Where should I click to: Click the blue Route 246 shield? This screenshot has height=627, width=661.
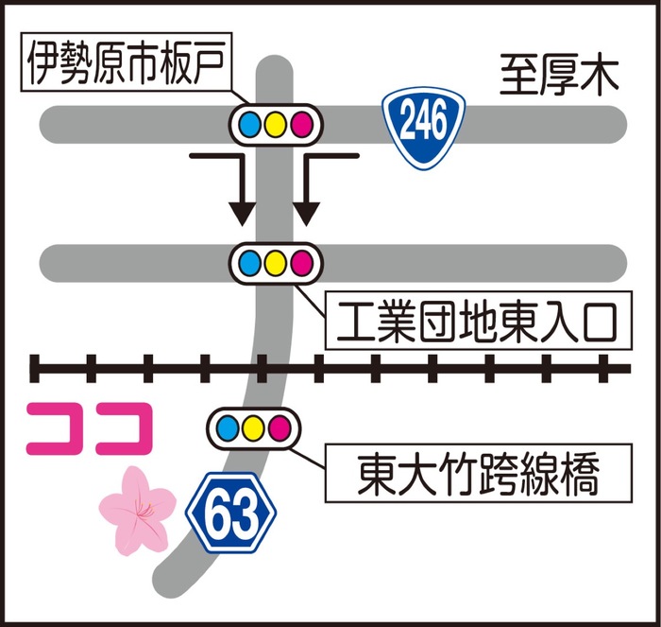click(423, 128)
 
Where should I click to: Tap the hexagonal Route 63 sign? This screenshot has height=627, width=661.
click(231, 513)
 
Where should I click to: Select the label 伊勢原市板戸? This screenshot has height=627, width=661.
click(127, 62)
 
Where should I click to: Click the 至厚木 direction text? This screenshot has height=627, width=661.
click(559, 76)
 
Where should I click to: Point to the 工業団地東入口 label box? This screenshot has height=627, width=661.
click(479, 320)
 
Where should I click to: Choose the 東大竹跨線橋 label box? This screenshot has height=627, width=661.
click(479, 473)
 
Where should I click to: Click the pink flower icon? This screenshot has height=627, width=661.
click(138, 511)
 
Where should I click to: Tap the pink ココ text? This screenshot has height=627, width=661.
click(89, 428)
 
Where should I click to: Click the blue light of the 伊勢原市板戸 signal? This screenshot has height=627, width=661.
click(249, 125)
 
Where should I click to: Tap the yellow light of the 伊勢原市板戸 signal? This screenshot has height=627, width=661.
click(276, 125)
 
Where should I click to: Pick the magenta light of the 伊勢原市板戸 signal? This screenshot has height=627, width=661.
click(302, 125)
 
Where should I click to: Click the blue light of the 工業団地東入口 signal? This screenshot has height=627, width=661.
click(249, 263)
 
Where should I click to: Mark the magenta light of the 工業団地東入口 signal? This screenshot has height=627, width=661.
click(302, 263)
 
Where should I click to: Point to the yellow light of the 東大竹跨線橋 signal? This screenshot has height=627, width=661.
click(254, 427)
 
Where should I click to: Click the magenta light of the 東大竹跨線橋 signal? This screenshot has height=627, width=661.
click(280, 427)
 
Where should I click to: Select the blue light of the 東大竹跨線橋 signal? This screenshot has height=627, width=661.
click(228, 427)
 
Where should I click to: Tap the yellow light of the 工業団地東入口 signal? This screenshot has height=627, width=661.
click(276, 263)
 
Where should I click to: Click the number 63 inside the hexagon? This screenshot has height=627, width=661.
click(231, 514)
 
